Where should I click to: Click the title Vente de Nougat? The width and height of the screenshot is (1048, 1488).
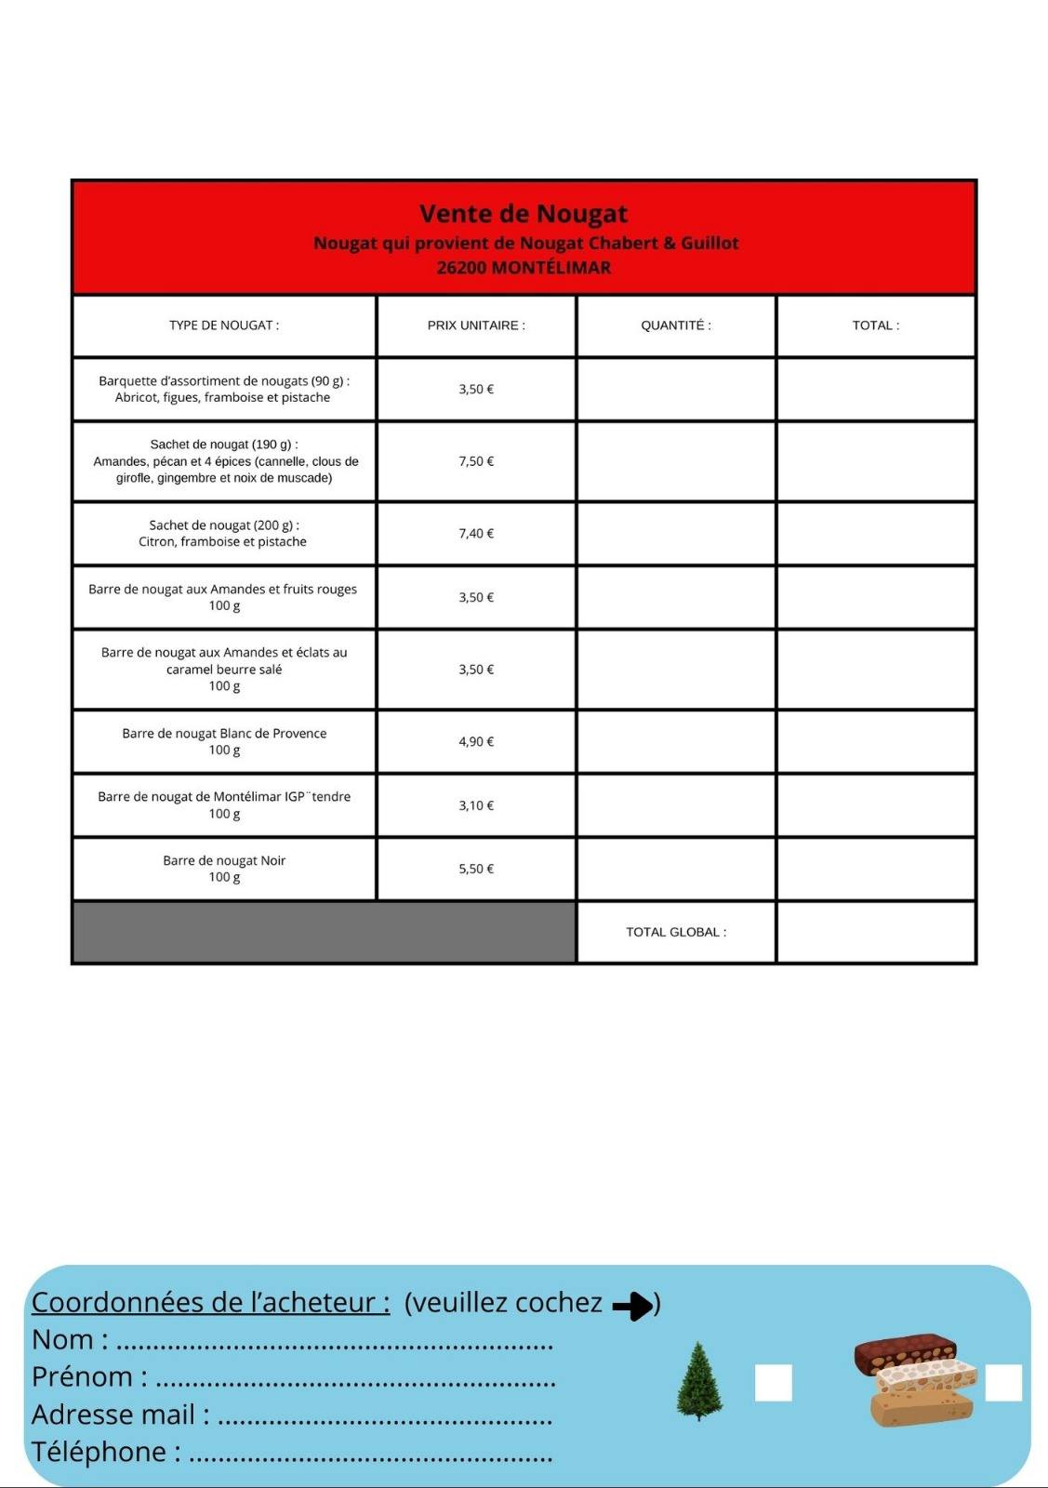[524, 214]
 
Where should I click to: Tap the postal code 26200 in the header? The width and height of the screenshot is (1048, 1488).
[461, 268]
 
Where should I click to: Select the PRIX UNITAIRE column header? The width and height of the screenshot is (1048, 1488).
[476, 325]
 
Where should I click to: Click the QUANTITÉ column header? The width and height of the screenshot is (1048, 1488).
[676, 325]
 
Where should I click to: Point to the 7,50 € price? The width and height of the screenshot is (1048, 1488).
[476, 461]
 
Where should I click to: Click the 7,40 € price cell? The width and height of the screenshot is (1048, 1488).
[476, 534]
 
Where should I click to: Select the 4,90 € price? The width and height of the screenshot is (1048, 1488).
[476, 742]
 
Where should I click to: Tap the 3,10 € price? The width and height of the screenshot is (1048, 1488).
[476, 805]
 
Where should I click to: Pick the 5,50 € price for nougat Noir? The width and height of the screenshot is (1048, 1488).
[476, 869]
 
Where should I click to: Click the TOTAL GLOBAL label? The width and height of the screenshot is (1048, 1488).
[676, 932]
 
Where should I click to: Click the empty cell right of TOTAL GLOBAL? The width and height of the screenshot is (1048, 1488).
[875, 932]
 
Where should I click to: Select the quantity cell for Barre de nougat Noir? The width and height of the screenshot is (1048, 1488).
[676, 869]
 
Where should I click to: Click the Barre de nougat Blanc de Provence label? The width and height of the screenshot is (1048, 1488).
[224, 734]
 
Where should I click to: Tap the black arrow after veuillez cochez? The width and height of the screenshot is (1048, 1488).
[633, 1306]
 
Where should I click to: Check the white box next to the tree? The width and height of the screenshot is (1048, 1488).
[774, 1383]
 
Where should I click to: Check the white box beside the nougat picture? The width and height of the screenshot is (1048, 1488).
[1003, 1383]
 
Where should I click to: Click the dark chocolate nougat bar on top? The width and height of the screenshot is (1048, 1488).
[905, 1353]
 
